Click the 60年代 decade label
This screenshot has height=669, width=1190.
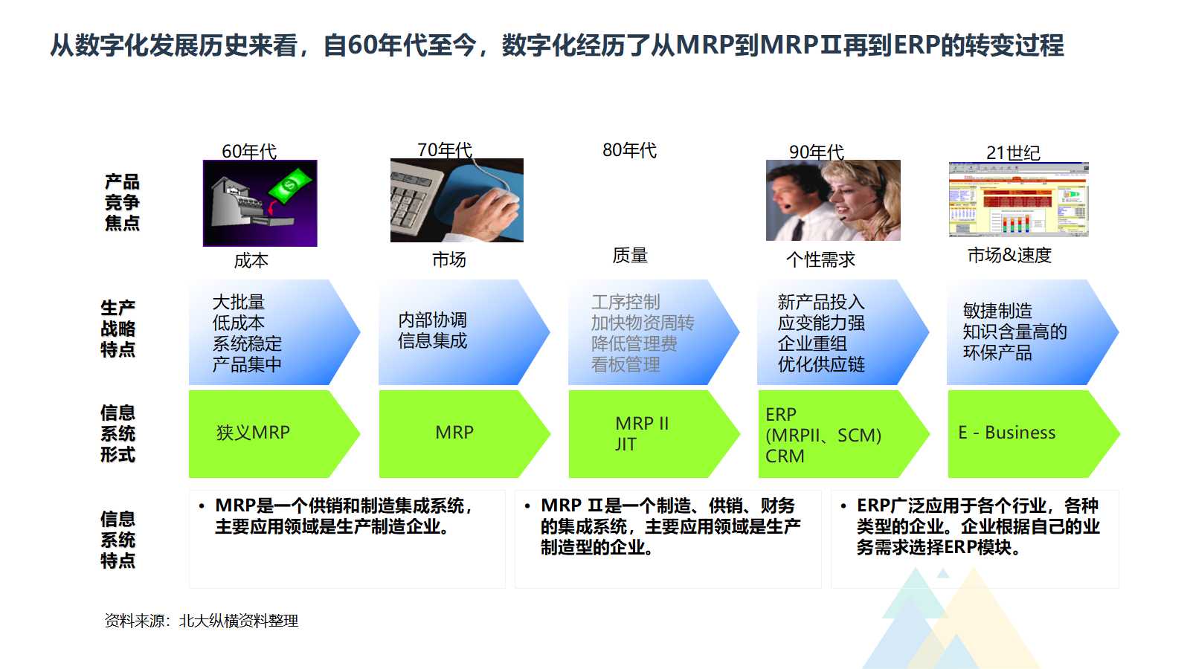249,152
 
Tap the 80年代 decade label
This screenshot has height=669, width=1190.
629,150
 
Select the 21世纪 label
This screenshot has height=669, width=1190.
1013,153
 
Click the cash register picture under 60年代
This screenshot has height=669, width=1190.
260,203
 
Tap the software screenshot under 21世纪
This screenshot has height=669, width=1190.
1018,199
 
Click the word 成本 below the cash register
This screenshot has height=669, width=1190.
251,261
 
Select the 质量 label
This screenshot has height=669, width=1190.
630,256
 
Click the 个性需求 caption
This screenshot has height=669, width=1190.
820,259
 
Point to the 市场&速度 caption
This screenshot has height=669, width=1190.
1009,255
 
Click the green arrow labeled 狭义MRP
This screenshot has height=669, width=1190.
268,433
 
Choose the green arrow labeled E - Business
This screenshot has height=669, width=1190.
1026,433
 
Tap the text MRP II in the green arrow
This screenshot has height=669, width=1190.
642,424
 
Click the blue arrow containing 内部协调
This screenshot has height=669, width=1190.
454,332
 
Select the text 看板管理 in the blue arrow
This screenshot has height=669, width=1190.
625,364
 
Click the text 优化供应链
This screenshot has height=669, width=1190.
821,364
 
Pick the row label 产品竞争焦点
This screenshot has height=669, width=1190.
122,202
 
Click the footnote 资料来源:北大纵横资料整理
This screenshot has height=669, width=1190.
202,621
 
